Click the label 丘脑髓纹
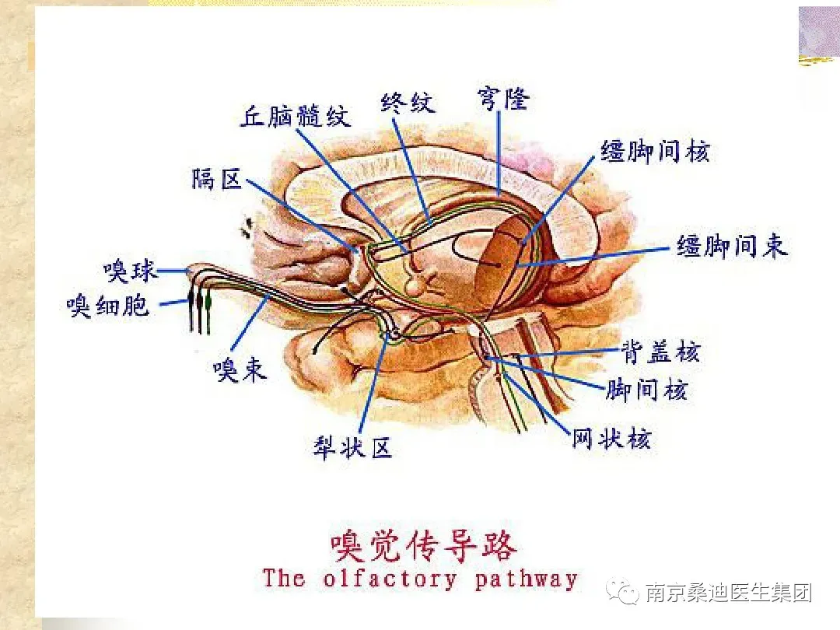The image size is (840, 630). click(295, 116)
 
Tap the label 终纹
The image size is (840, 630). click(408, 102)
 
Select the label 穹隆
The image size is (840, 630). click(502, 100)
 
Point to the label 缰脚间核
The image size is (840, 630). click(655, 151)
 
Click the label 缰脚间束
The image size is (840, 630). click(731, 247)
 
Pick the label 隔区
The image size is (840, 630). click(217, 180)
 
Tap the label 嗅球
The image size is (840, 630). click(130, 271)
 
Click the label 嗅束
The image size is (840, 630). click(240, 369)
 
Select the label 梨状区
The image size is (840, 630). click(352, 448)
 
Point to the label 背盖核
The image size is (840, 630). click(660, 352)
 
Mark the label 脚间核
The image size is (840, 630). click(646, 390)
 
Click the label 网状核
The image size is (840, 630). click(611, 439)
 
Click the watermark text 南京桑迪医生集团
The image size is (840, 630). click(729, 593)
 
